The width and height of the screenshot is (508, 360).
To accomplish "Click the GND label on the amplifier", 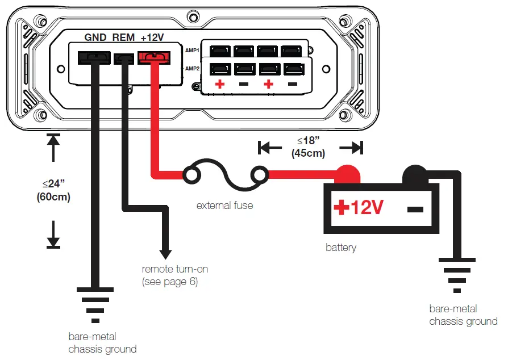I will [95, 37].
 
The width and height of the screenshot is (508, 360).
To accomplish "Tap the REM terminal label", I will [123, 37].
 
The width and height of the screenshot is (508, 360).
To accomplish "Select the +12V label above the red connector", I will [152, 37].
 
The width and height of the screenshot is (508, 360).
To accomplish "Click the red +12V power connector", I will [152, 57].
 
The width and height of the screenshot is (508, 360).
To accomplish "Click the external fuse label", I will [224, 206].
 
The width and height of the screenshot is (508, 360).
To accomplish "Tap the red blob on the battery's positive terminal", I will [346, 173].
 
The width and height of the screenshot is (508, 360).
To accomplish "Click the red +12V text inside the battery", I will [359, 208].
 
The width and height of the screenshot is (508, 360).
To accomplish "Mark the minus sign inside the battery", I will [415, 209].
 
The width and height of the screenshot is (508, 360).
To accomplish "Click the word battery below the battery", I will [341, 248].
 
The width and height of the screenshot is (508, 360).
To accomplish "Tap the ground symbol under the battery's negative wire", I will [455, 275].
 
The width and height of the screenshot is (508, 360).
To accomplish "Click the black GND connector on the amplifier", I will [94, 57].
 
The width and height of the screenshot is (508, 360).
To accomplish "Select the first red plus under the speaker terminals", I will [219, 85].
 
